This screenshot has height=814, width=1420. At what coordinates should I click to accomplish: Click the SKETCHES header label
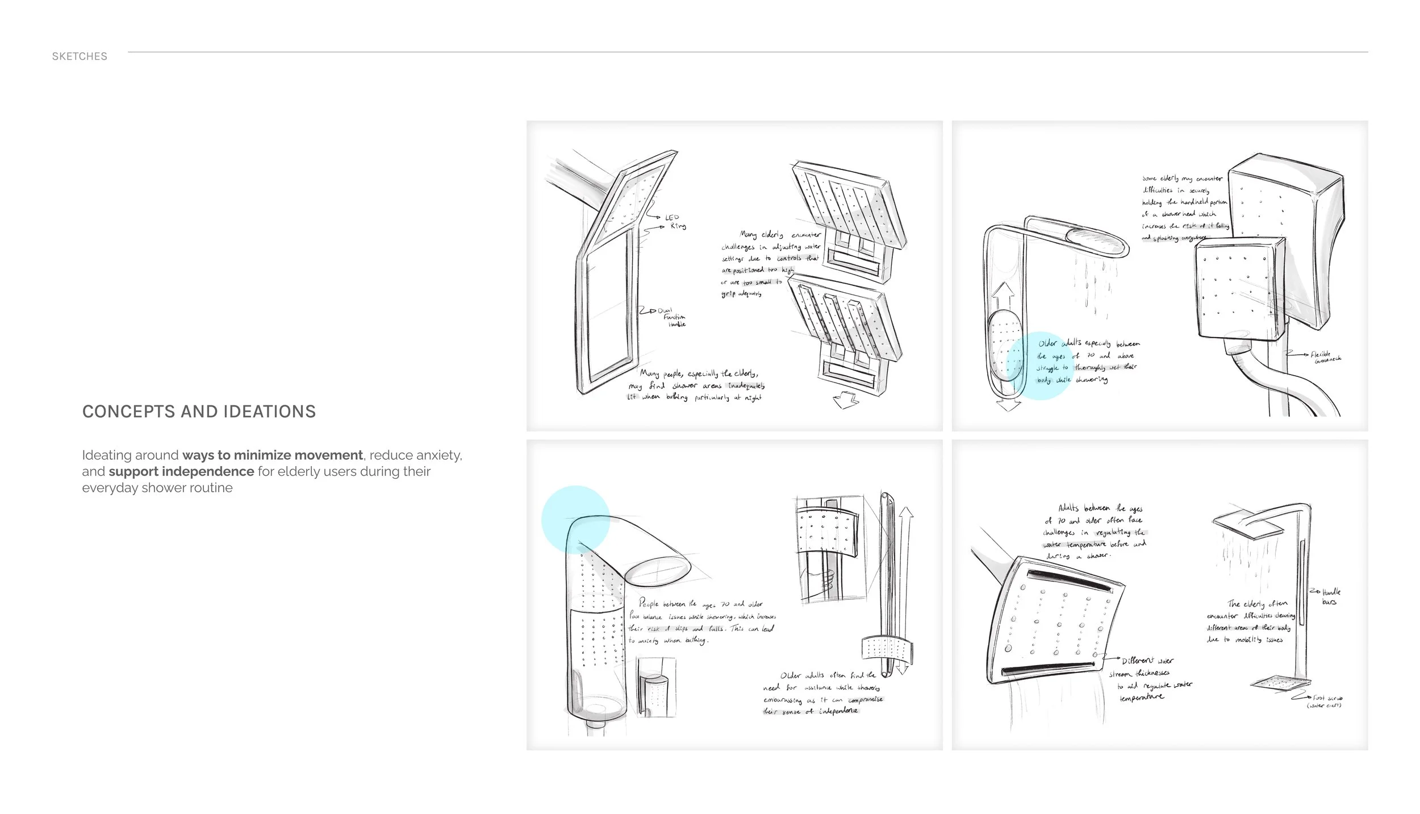point(80,56)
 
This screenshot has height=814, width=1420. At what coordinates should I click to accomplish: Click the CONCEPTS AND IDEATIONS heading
point(199,412)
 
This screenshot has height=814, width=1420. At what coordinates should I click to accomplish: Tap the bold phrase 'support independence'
point(181,472)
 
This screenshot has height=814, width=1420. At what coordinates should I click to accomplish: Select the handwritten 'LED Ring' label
point(674,222)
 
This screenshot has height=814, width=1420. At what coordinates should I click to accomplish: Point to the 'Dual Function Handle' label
point(673,318)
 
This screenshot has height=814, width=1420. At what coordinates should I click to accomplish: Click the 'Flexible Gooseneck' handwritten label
point(1325,356)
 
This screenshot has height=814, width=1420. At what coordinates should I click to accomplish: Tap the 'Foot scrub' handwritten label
point(1325,701)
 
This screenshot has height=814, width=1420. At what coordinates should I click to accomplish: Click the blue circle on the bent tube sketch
point(575,520)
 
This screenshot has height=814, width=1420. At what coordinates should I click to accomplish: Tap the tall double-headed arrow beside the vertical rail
point(906,591)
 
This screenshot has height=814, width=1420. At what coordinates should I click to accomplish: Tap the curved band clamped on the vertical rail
point(886,649)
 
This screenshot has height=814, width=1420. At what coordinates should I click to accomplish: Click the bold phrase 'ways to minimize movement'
point(272,455)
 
